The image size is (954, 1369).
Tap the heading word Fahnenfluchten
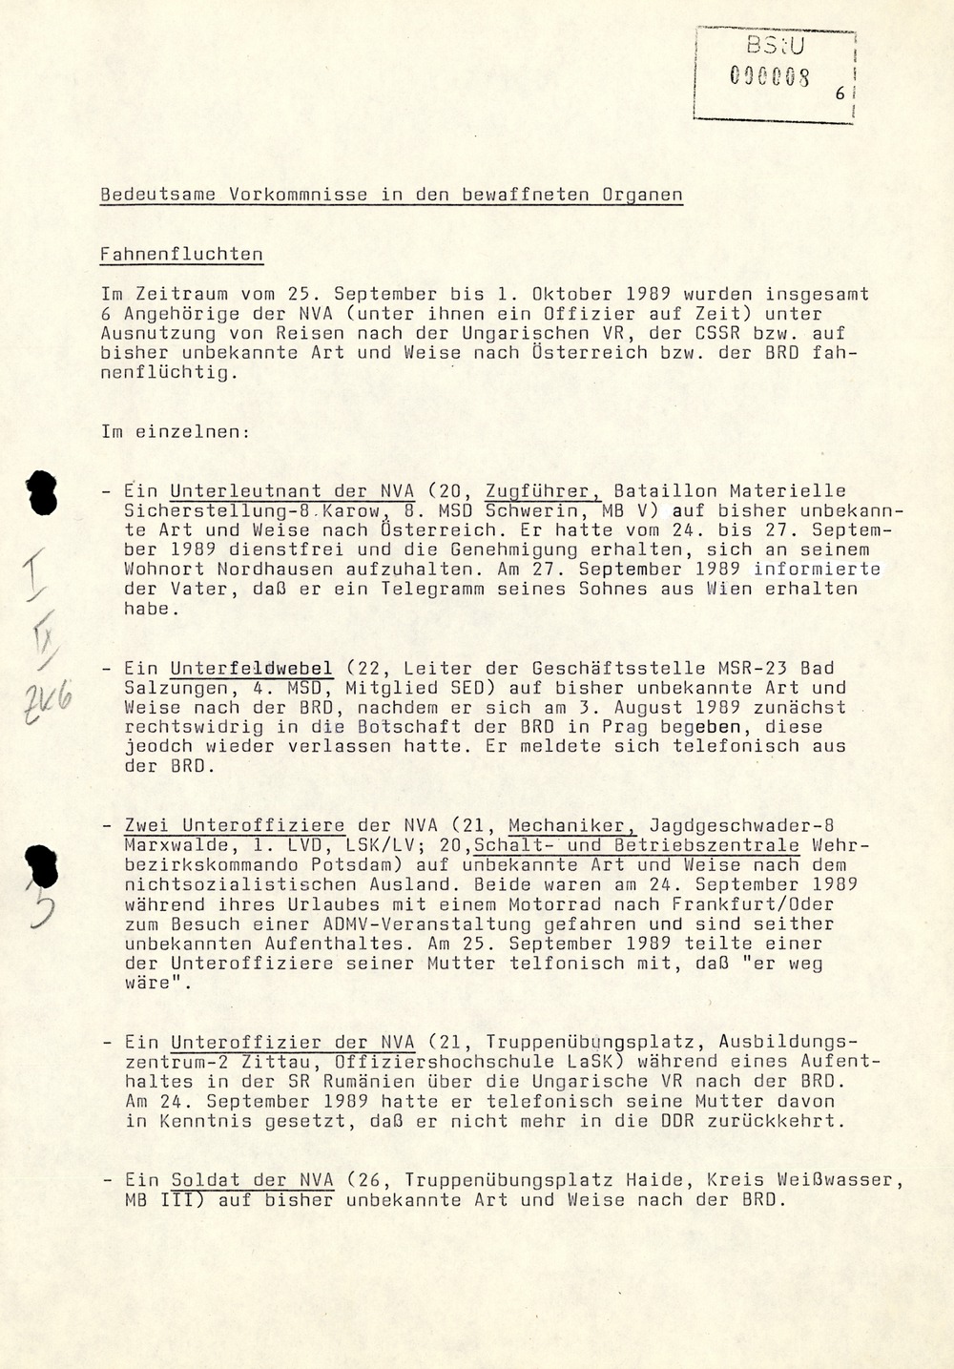pyautogui.click(x=182, y=255)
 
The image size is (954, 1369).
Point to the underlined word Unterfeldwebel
pyautogui.click(x=252, y=669)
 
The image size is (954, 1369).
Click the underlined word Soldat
pyautogui.click(x=205, y=1180)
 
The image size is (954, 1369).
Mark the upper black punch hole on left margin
pyautogui.click(x=43, y=494)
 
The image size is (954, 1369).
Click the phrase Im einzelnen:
pyautogui.click(x=176, y=431)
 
